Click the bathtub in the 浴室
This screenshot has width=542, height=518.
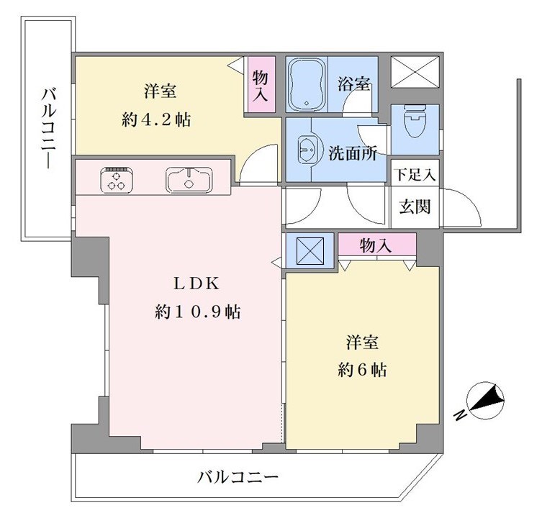click(307, 84)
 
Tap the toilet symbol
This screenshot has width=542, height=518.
click(415, 124)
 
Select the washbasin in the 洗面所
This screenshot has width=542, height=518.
click(307, 150)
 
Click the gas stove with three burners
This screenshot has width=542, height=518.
click(117, 180)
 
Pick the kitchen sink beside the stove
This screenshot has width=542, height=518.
click(189, 180)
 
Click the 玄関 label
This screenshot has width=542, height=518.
click(415, 206)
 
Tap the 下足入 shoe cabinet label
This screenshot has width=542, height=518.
click(415, 174)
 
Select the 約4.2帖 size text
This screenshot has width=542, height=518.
click(156, 120)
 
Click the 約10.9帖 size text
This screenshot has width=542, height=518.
click(198, 312)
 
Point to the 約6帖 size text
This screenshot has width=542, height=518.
click(362, 370)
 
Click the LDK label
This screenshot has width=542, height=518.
click(196, 283)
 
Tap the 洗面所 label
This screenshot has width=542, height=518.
click(353, 153)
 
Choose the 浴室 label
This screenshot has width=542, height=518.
click(353, 84)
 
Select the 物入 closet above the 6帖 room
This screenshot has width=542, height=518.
click(377, 245)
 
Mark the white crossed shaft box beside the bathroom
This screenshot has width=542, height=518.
click(415, 72)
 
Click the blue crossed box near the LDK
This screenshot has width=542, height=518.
click(310, 250)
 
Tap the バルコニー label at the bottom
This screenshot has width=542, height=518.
click(238, 478)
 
